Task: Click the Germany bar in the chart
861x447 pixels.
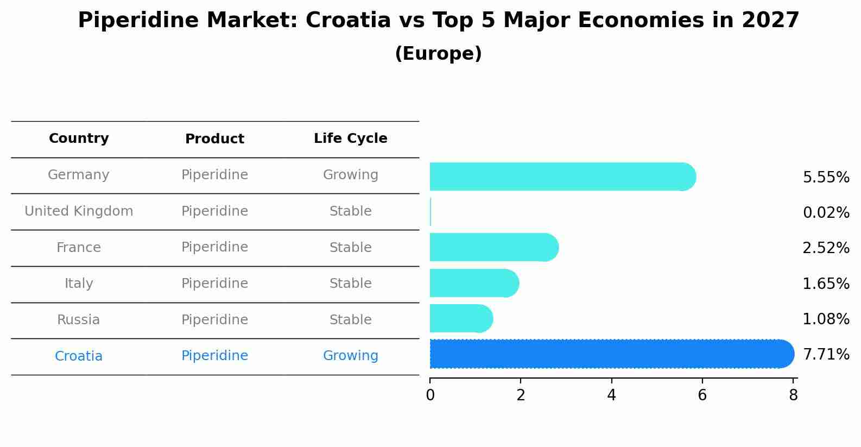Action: (562, 177)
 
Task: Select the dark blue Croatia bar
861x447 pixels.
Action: (611, 354)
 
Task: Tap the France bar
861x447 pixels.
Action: (493, 247)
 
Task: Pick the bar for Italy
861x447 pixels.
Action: (474, 283)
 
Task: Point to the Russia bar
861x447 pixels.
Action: (461, 318)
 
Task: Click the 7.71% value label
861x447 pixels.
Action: (826, 355)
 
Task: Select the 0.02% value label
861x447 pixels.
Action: (826, 212)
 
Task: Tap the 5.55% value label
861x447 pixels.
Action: (826, 177)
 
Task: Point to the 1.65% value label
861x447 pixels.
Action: (826, 284)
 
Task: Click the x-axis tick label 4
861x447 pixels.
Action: (611, 395)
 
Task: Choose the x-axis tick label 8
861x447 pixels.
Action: (793, 395)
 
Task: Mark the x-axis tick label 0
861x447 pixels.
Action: (430, 395)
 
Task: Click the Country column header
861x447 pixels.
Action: (79, 138)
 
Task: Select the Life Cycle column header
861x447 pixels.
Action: (350, 138)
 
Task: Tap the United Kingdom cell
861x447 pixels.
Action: (79, 211)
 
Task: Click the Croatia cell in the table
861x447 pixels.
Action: (79, 356)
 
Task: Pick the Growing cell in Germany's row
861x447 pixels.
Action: (350, 175)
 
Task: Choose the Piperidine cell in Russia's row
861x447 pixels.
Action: (214, 320)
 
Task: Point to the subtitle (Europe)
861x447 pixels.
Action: (438, 54)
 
